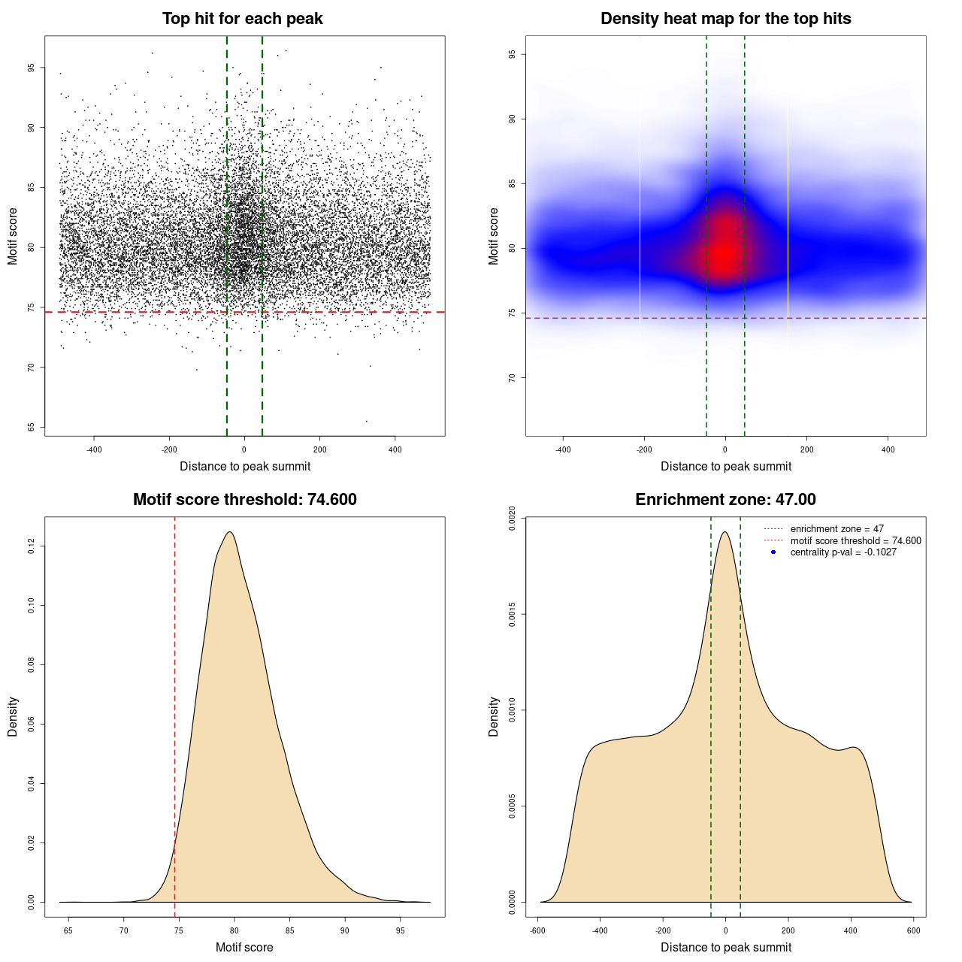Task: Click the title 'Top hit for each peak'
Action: pos(242,19)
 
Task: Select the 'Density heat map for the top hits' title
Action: pos(725,19)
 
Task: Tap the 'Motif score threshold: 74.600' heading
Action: pos(244,500)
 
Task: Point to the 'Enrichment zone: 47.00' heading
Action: pos(725,500)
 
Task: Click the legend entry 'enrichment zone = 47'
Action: pos(836,529)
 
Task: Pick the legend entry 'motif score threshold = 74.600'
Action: pos(855,540)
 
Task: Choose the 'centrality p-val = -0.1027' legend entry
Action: pos(843,552)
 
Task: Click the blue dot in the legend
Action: pos(773,552)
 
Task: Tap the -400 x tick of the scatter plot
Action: pos(94,449)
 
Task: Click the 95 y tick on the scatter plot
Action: pos(32,68)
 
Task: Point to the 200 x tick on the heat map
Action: pos(806,449)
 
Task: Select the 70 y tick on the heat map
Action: pos(513,377)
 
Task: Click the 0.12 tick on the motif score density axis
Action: pos(32,546)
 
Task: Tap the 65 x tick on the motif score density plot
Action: pos(68,930)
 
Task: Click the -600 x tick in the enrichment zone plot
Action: pos(537,930)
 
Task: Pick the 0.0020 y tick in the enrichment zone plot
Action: pos(513,519)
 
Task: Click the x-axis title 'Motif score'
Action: pos(244,947)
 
